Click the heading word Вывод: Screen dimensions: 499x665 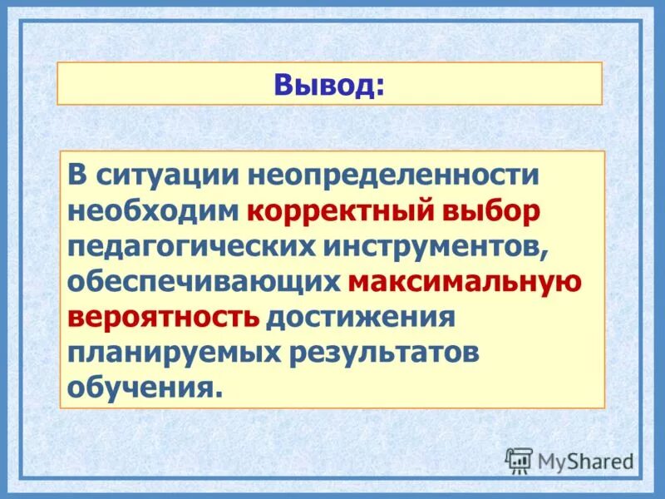329,84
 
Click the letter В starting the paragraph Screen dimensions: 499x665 78,175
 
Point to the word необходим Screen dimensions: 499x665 154,211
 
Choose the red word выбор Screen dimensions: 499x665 492,211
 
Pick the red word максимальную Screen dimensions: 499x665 465,283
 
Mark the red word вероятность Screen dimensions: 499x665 164,319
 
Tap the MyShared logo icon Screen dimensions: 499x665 519,460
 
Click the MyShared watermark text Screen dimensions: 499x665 585,461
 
